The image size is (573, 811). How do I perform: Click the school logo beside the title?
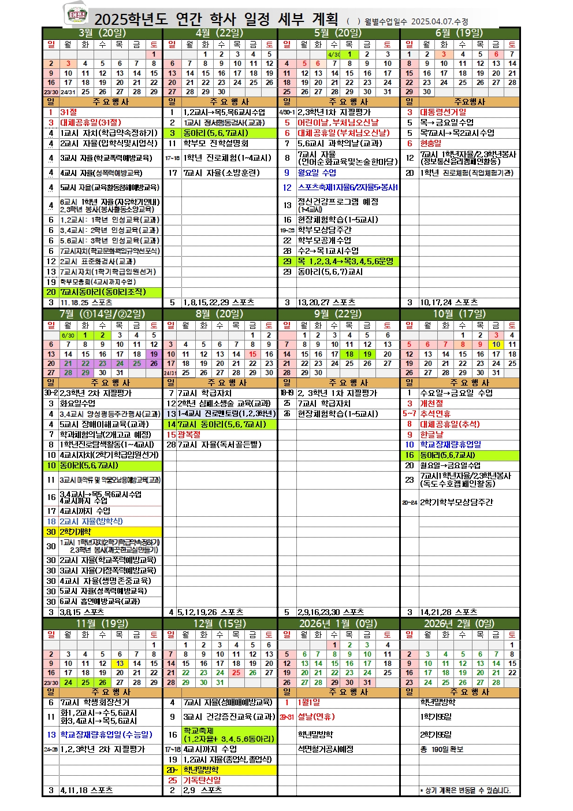76,15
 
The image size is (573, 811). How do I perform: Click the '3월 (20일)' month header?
102,33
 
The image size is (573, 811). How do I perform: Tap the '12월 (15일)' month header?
219,624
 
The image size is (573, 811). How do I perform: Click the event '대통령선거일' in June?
443,112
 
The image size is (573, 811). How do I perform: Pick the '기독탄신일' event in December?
202,780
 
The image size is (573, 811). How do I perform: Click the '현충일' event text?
430,143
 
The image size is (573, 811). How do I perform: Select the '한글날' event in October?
431,435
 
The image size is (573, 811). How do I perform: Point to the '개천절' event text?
431,403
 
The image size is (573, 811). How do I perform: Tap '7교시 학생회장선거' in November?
95,702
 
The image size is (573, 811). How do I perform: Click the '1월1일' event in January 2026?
308,702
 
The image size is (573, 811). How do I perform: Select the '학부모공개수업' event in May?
324,240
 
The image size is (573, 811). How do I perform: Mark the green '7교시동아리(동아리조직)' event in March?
103,292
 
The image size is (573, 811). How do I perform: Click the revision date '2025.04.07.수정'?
440,21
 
